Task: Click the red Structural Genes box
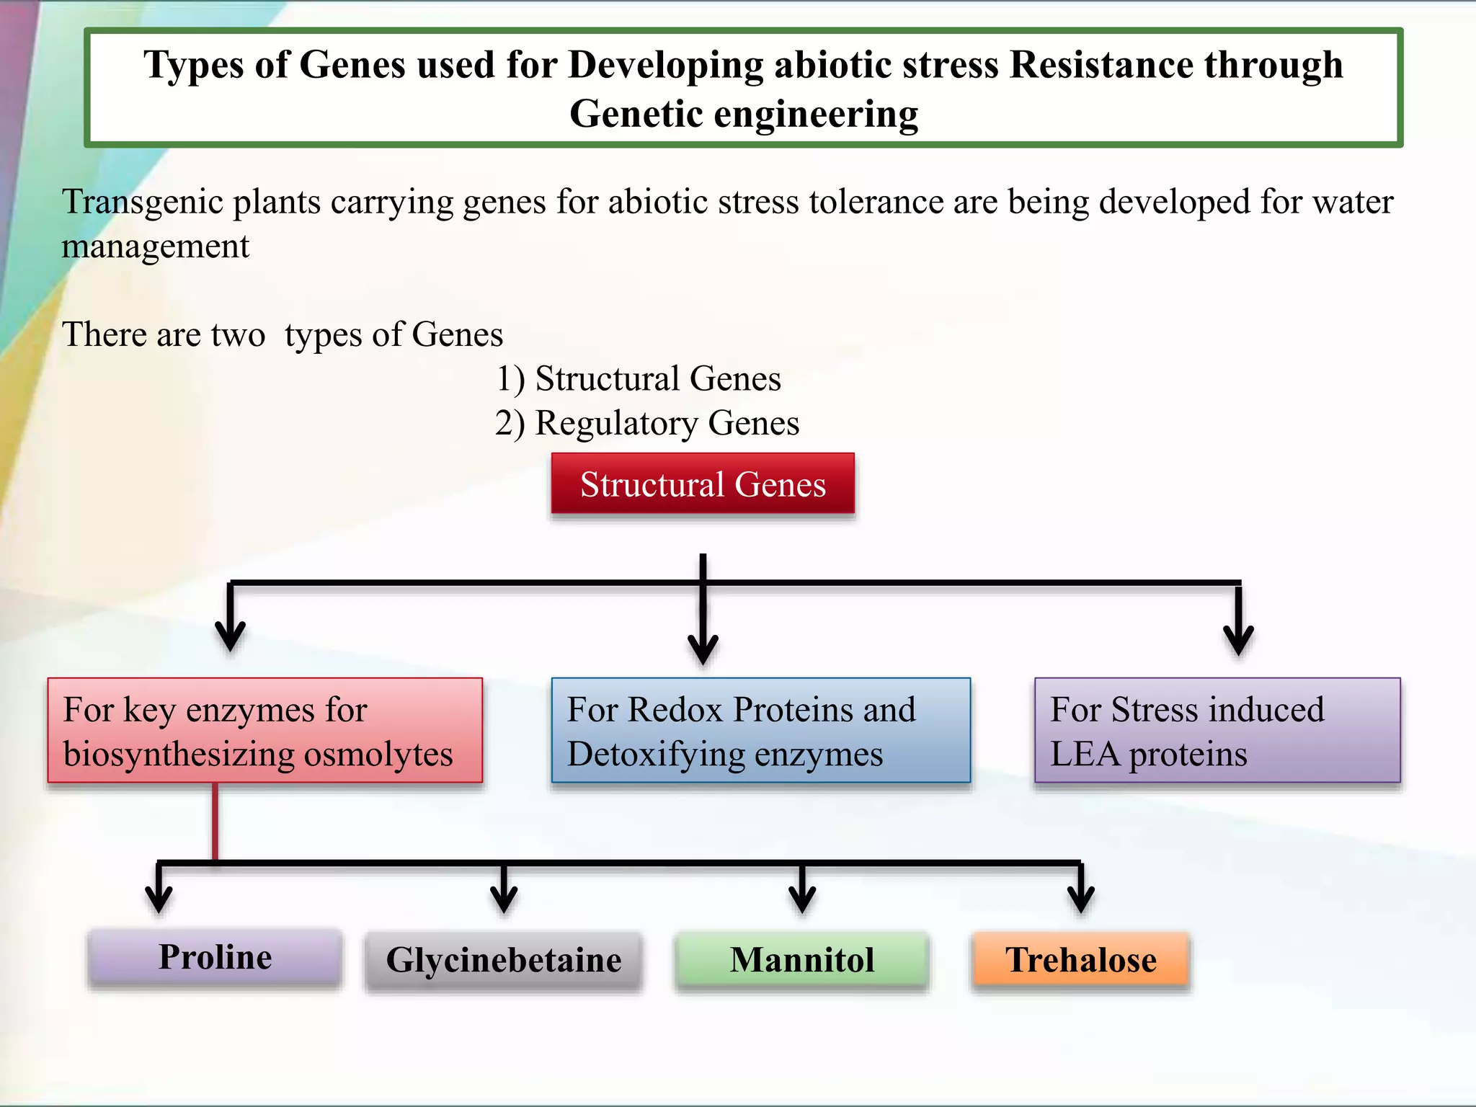pyautogui.click(x=703, y=484)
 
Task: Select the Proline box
pyautogui.click(x=215, y=957)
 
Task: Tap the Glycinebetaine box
pyautogui.click(x=503, y=960)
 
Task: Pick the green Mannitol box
pyautogui.click(x=801, y=960)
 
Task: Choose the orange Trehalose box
pyautogui.click(x=1080, y=960)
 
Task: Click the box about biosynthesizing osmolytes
pyautogui.click(x=264, y=730)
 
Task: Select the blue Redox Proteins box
pyautogui.click(x=760, y=730)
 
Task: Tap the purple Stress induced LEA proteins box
pyautogui.click(x=1217, y=730)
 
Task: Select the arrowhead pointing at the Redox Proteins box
pyautogui.click(x=703, y=649)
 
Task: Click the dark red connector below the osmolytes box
pyautogui.click(x=215, y=822)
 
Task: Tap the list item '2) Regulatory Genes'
pyautogui.click(x=646, y=423)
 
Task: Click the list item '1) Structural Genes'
pyautogui.click(x=638, y=378)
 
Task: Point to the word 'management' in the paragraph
pyautogui.click(x=155, y=246)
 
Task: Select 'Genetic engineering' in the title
pyautogui.click(x=744, y=114)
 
